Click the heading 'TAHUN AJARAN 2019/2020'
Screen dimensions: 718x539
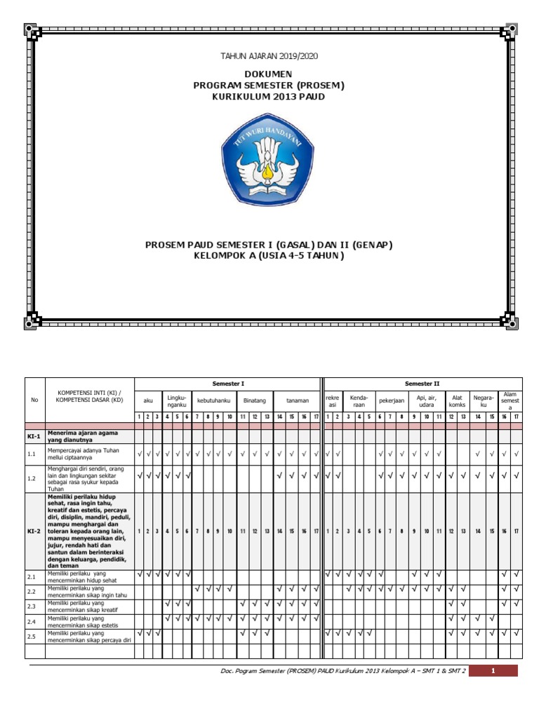(269, 55)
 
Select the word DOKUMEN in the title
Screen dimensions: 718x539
(269, 74)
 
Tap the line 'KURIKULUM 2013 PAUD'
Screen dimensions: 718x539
(269, 96)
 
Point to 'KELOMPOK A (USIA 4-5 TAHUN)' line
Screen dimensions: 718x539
(269, 255)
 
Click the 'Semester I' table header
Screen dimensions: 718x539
(228, 384)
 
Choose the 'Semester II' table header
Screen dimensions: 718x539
(423, 384)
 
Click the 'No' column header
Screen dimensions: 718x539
(35, 400)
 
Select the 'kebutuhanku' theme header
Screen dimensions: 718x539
(215, 400)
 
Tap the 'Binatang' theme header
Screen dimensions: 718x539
(254, 400)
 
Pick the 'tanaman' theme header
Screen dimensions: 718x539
(297, 400)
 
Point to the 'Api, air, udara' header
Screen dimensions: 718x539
(426, 400)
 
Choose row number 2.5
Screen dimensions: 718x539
(32, 637)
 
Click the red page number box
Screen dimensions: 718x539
(493, 671)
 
